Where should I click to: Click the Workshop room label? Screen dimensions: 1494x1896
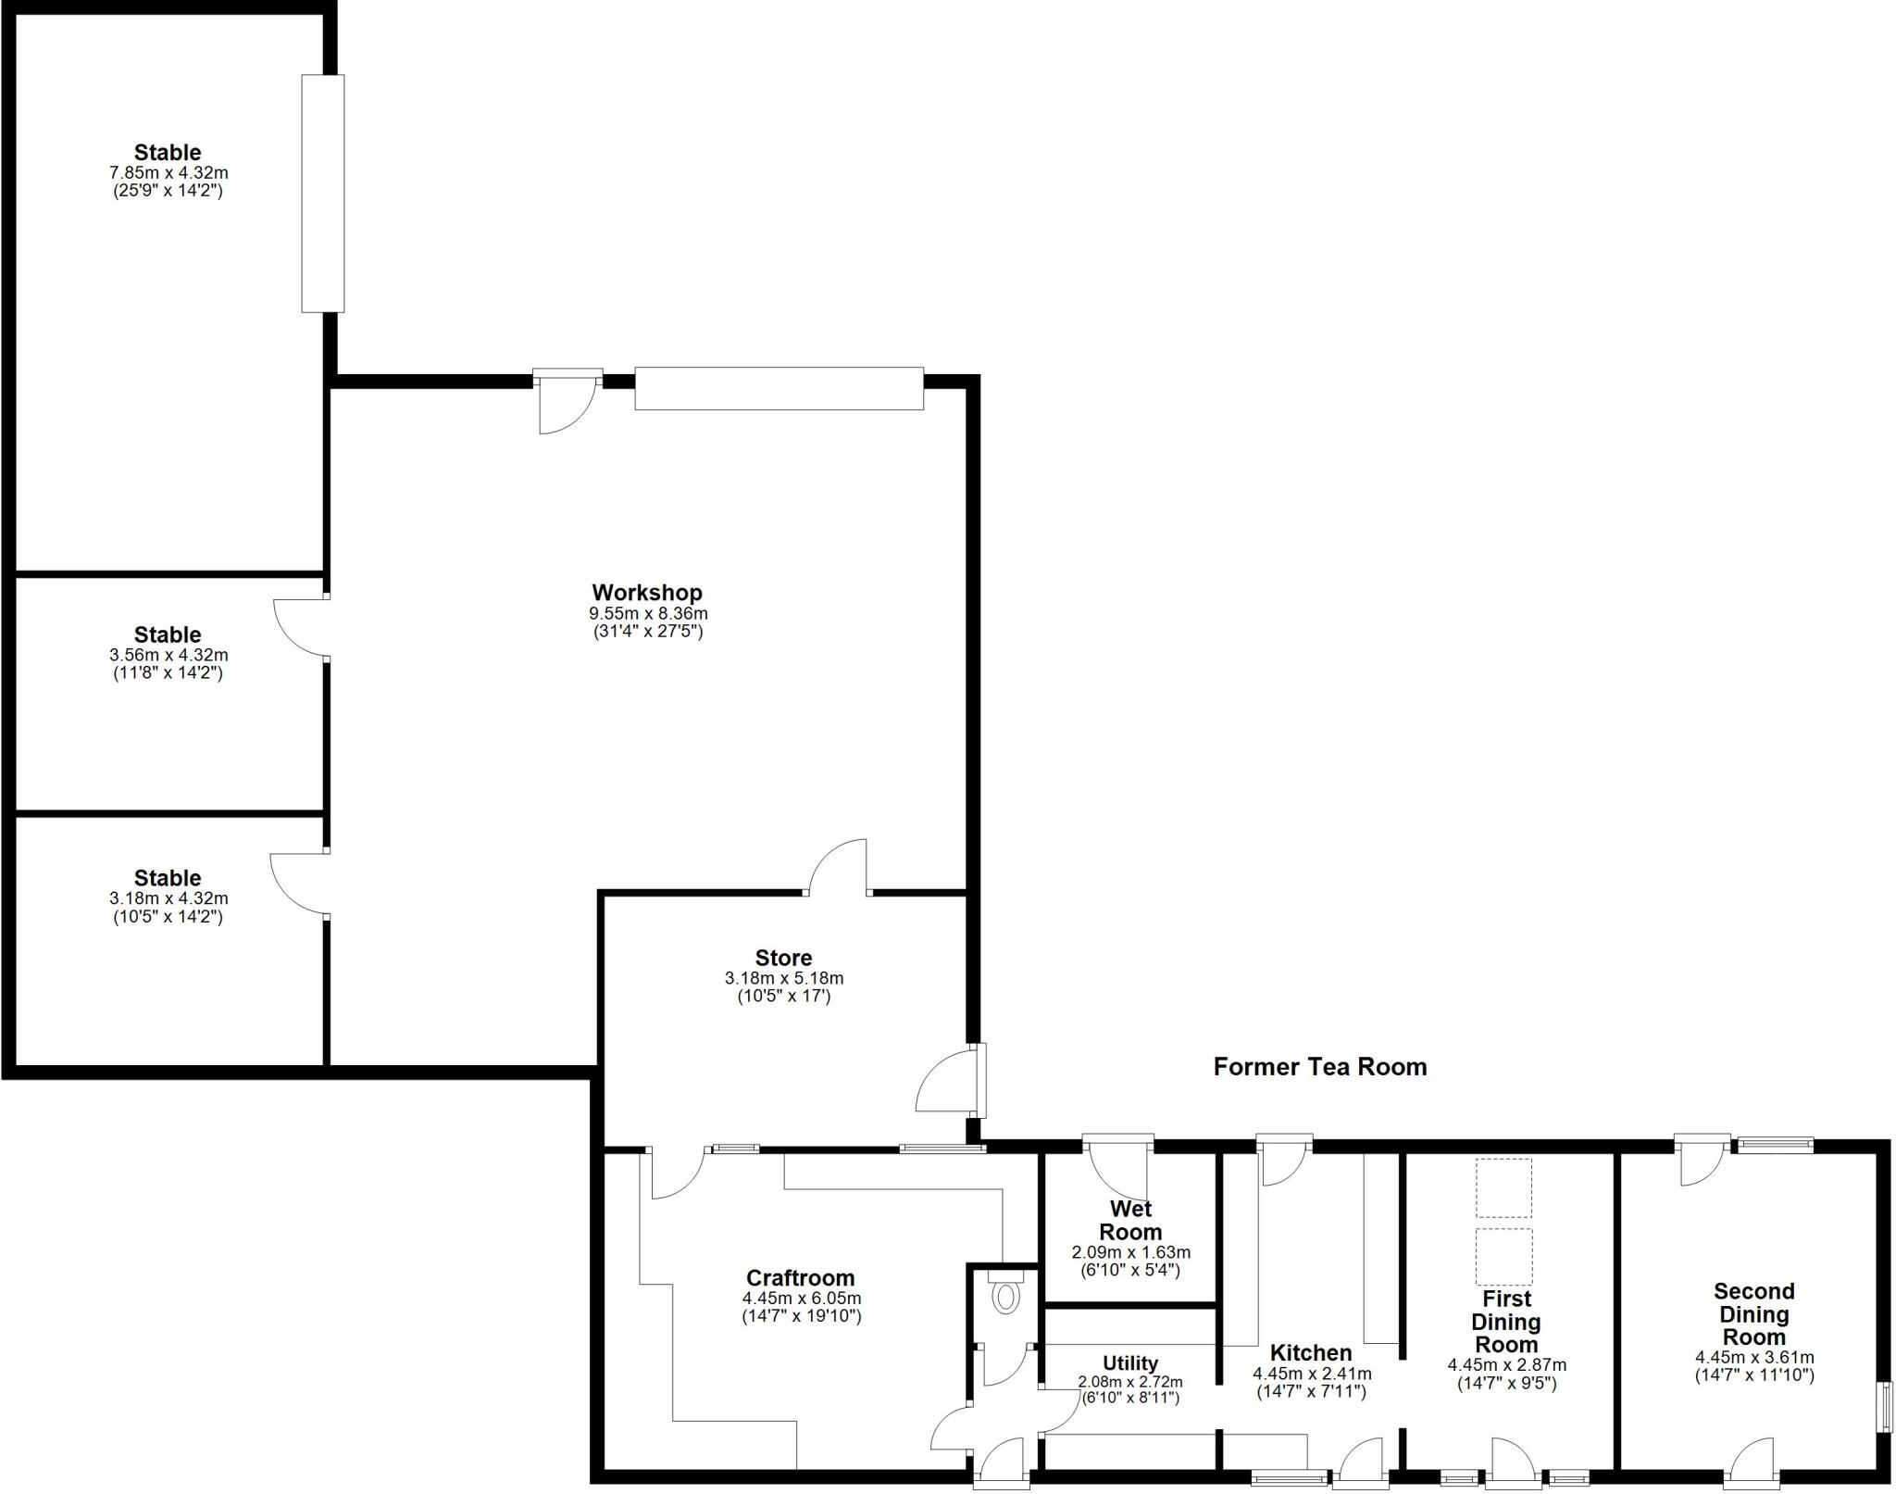pos(647,593)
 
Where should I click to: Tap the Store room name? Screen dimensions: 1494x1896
pos(783,958)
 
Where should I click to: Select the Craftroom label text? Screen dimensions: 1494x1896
pos(800,1279)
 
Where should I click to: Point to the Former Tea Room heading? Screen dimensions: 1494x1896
pos(1319,1067)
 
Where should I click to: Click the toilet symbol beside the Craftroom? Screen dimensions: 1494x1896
pos(1004,1297)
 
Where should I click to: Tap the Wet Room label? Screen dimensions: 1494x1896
pos(1130,1221)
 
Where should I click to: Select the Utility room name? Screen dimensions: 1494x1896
pos(1129,1363)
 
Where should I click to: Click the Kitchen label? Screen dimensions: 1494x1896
pos(1310,1353)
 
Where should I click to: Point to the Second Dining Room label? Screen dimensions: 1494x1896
pos(1753,1314)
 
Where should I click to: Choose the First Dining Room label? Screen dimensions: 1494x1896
pos(1506,1322)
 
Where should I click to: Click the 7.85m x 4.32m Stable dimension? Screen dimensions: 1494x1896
pos(168,173)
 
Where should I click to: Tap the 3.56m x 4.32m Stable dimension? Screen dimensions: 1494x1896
pos(168,655)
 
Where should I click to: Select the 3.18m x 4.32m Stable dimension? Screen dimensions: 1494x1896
pos(168,898)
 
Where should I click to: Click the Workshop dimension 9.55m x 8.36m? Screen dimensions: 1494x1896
pos(648,613)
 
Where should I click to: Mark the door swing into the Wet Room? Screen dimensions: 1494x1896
pos(1118,1173)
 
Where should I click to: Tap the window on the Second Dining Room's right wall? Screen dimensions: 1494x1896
pos(1883,1407)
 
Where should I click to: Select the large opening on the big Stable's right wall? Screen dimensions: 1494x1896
pos(323,194)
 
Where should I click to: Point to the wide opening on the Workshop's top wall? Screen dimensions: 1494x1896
pos(779,389)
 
